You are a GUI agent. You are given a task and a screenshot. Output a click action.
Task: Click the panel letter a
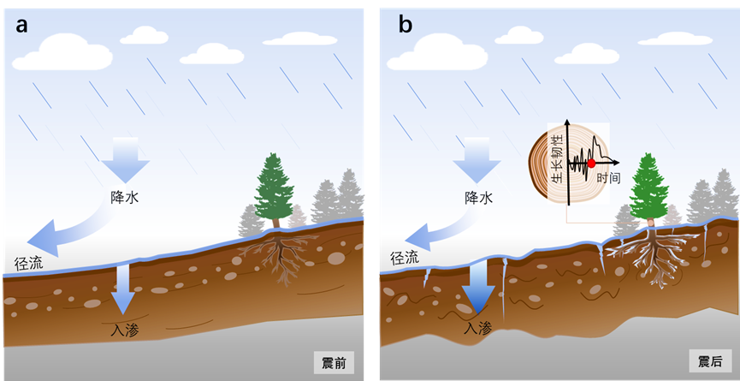pyautogui.click(x=22, y=25)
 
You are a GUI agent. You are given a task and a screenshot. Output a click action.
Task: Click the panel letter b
pyautogui.click(x=405, y=25)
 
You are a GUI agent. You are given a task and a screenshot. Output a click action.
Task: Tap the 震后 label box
pyautogui.click(x=708, y=361)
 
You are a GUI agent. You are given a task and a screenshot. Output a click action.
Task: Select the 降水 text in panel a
pyautogui.click(x=125, y=197)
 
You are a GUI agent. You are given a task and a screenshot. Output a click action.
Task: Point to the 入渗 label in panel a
pyautogui.click(x=125, y=327)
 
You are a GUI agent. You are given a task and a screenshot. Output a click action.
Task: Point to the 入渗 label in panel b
pyautogui.click(x=479, y=327)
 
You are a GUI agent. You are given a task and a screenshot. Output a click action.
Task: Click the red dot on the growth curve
pyautogui.click(x=591, y=163)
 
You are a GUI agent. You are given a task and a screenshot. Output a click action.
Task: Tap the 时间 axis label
pyautogui.click(x=609, y=178)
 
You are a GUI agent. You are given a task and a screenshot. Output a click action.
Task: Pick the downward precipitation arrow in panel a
pyautogui.click(x=125, y=158)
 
